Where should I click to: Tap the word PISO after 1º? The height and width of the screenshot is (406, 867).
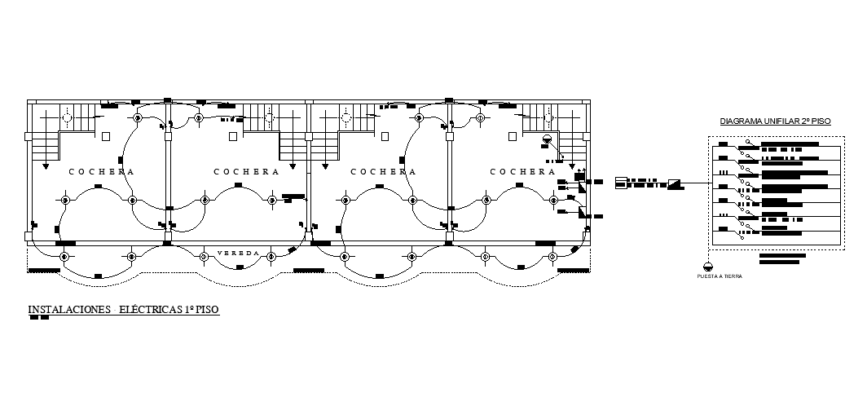point(207,310)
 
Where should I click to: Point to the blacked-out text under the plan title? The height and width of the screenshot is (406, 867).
point(38,318)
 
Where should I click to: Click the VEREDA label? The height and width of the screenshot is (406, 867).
point(238,254)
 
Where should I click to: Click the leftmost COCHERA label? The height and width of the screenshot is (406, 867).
point(101,172)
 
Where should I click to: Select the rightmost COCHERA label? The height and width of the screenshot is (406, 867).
point(523,172)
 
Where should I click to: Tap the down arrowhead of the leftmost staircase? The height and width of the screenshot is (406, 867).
point(46,166)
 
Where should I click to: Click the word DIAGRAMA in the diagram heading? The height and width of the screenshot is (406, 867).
point(742,121)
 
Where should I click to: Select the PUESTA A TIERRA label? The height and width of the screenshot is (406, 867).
point(720,276)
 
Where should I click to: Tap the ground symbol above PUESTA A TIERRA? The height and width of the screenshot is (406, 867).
point(707,266)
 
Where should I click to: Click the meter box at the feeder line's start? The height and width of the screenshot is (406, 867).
point(621,182)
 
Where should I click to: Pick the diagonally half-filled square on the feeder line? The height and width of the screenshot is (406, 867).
point(675,183)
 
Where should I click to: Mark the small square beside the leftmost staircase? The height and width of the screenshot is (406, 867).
point(105,136)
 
